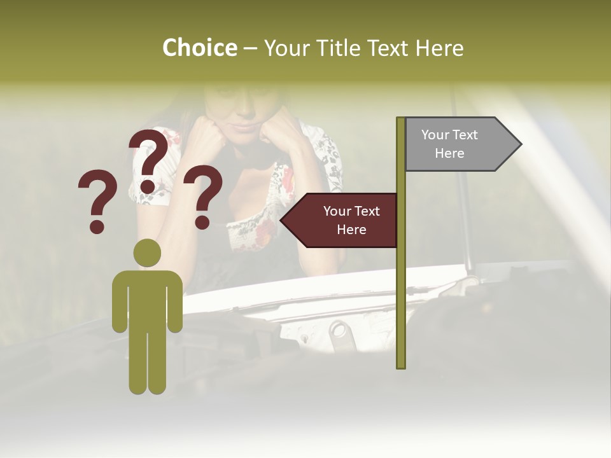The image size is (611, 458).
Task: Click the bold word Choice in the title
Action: [x=199, y=48]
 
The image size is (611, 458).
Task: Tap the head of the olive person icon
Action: [x=148, y=253]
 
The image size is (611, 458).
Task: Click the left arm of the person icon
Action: [x=120, y=302]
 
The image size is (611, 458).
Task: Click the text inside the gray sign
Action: [x=449, y=144]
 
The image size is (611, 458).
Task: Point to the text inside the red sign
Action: [x=351, y=220]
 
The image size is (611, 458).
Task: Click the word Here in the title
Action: [x=440, y=48]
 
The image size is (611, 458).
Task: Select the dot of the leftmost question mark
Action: [x=97, y=226]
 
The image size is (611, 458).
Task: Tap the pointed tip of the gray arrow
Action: [x=520, y=144]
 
